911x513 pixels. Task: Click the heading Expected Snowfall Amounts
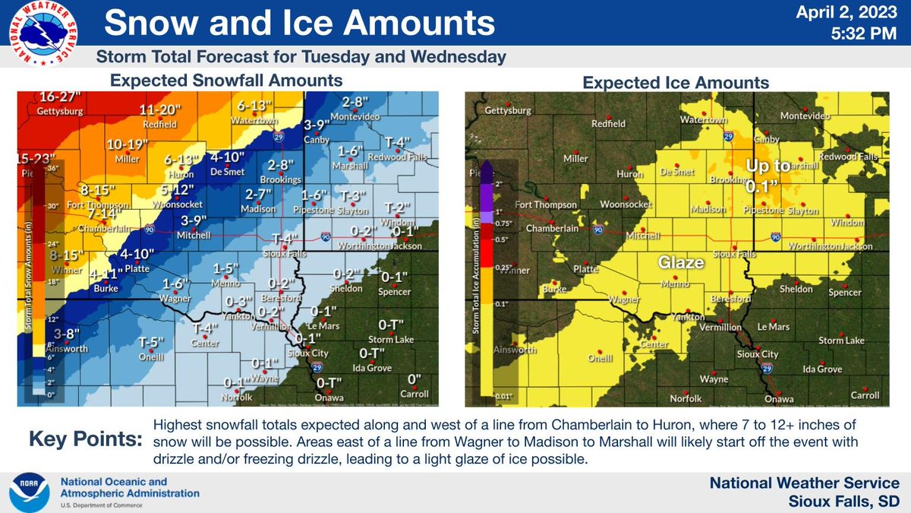click(225, 80)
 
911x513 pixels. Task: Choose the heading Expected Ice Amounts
click(676, 82)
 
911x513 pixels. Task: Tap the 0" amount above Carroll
click(415, 378)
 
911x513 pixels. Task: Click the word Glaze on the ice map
click(681, 262)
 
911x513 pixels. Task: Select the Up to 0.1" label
click(762, 175)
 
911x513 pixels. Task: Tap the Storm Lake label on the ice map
click(842, 340)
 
